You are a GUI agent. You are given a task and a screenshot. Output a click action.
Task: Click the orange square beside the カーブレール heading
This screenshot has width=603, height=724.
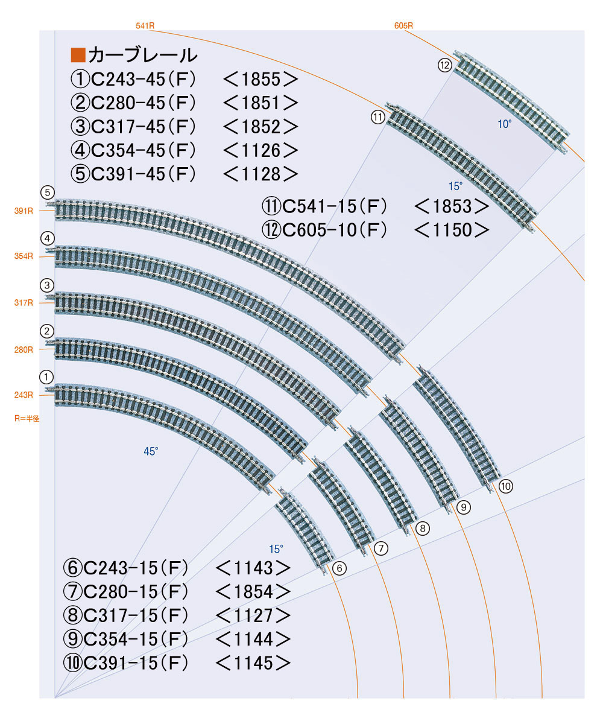pyautogui.click(x=78, y=55)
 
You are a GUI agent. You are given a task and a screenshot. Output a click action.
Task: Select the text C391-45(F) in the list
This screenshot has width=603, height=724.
pyautogui.click(x=143, y=174)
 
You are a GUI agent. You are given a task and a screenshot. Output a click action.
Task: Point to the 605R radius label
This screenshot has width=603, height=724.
pyautogui.click(x=403, y=26)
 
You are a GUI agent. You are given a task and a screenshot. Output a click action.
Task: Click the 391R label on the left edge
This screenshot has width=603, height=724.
pyautogui.click(x=24, y=211)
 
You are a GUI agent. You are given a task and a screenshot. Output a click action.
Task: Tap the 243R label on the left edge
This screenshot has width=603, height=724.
pyautogui.click(x=24, y=395)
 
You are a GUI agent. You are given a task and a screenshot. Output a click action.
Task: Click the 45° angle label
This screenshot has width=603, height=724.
pyautogui.click(x=151, y=451)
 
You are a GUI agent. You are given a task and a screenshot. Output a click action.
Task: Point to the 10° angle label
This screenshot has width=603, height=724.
pyautogui.click(x=504, y=124)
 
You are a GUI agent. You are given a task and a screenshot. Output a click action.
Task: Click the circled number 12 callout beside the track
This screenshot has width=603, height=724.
pyautogui.click(x=445, y=66)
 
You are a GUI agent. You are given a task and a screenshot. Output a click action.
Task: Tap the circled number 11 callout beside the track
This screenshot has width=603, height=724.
pyautogui.click(x=378, y=117)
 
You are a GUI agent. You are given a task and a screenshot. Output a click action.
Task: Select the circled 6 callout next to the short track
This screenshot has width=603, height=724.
pyautogui.click(x=339, y=568)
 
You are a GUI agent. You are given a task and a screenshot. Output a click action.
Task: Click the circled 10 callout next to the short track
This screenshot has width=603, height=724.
pyautogui.click(x=505, y=486)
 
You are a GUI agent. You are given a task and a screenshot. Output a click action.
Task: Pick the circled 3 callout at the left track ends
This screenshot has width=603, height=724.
pyautogui.click(x=47, y=284)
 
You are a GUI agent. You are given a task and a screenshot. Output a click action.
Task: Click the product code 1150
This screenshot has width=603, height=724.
pyautogui.click(x=451, y=229)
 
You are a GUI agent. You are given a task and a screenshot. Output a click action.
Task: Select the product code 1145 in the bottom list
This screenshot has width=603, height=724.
pyautogui.click(x=253, y=662)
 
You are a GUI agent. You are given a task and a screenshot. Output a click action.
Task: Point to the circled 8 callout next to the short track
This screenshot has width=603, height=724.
pyautogui.click(x=423, y=529)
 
